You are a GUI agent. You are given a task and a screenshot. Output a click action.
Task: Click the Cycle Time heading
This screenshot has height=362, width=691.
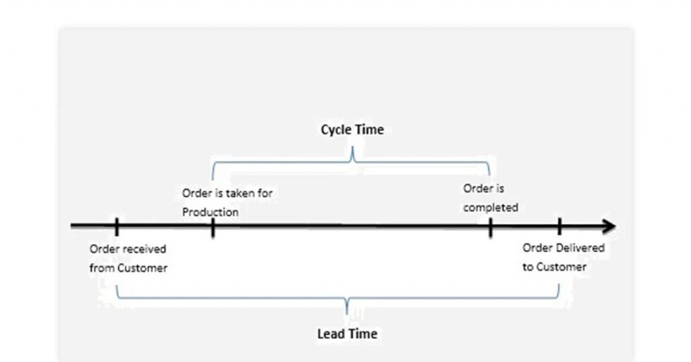(352, 130)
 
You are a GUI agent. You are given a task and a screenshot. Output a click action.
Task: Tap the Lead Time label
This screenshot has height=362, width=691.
(348, 334)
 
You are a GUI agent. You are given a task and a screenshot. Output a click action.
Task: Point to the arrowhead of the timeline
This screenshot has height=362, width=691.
(609, 226)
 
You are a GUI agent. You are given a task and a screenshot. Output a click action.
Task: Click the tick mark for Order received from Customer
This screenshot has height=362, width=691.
(117, 227)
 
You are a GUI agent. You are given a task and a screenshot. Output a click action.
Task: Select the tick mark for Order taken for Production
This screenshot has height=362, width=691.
(213, 228)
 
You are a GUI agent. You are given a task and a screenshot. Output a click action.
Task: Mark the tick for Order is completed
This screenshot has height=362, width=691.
(491, 228)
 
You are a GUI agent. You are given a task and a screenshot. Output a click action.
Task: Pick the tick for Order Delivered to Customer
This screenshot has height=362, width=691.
(559, 227)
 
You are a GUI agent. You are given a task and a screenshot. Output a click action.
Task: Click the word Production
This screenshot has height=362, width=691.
(211, 212)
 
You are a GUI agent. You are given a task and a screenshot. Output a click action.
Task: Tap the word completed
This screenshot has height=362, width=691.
(491, 207)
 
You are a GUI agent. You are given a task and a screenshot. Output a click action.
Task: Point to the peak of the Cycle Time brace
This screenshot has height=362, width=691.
(352, 147)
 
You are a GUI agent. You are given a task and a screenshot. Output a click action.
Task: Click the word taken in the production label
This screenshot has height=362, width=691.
(240, 192)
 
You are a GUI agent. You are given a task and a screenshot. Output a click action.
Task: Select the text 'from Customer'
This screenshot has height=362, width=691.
(128, 268)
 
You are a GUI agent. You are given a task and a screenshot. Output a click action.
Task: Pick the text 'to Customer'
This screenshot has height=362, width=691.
(555, 267)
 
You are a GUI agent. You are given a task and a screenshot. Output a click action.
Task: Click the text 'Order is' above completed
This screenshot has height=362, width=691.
(483, 188)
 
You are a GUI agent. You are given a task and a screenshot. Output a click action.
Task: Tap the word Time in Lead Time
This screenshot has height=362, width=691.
(364, 334)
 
